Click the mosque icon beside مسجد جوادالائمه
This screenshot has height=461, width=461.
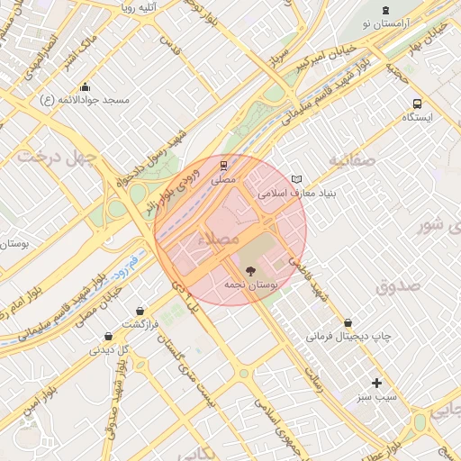(x=85, y=87)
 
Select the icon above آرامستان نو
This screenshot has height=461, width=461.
(x=385, y=9)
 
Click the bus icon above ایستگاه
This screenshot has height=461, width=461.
(x=417, y=104)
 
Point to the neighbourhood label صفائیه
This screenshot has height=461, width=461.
(x=350, y=160)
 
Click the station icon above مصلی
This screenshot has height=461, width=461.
(x=222, y=164)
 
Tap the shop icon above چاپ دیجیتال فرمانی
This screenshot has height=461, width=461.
(x=348, y=322)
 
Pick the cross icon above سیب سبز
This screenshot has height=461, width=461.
(x=376, y=383)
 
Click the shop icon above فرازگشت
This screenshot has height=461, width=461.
(x=140, y=311)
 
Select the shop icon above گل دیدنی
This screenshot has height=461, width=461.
(x=108, y=337)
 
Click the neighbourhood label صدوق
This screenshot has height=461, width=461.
(x=400, y=286)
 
